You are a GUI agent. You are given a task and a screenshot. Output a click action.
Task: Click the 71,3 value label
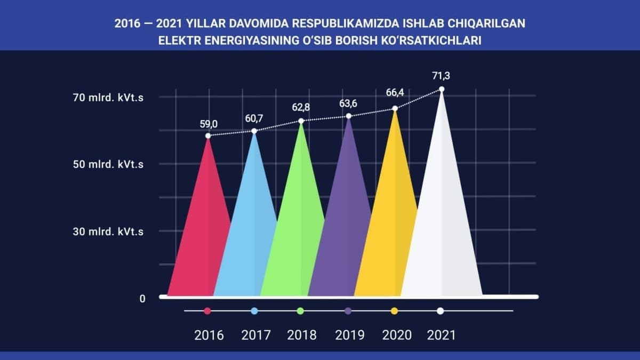441,76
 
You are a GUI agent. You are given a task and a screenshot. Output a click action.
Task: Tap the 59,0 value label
209,124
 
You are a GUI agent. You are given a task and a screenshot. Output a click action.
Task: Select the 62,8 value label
301,107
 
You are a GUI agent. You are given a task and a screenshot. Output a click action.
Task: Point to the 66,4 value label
395,92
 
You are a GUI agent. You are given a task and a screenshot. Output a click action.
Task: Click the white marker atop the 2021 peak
442,90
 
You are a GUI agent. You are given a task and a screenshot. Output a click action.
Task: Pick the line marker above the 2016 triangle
208,135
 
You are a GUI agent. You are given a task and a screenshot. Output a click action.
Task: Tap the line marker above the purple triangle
349,116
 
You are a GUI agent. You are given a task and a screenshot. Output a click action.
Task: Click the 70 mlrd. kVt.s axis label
108,98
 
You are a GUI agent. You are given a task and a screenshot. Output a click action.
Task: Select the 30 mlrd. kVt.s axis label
108,231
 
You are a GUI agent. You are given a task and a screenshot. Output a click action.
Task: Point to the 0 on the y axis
142,299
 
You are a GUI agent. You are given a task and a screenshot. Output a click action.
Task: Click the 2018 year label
302,335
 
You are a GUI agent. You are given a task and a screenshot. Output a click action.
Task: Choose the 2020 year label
397,335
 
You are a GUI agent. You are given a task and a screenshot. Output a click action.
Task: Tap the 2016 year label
209,335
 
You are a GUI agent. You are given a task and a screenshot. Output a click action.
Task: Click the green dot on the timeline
300,311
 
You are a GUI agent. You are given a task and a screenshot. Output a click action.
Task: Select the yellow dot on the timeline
394,311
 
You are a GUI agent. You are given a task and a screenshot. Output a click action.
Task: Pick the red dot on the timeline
207,311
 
